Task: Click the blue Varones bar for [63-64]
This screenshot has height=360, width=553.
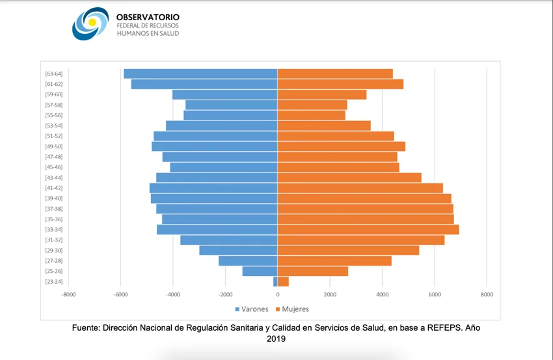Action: [x=200, y=74]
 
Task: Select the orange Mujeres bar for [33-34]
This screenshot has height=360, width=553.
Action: [x=368, y=230]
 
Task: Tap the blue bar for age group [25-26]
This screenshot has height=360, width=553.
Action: [x=260, y=271]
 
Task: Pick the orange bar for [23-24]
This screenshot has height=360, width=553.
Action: [x=283, y=282]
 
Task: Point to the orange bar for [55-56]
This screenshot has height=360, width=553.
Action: [x=312, y=115]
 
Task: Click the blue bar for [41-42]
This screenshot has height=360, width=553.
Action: [x=213, y=188]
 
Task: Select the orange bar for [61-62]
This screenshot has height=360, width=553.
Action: [x=340, y=84]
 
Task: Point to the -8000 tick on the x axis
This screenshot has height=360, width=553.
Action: [x=68, y=294]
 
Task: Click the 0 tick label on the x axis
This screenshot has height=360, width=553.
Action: [x=278, y=294]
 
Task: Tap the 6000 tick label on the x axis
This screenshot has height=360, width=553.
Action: [x=434, y=294]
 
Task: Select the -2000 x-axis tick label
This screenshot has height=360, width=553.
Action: [x=225, y=294]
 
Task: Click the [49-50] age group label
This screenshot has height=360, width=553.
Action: [x=53, y=146]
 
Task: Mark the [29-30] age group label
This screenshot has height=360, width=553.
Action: [x=53, y=251]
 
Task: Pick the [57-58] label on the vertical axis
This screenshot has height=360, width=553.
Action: [x=53, y=105]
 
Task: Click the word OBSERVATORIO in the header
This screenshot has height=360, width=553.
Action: [x=148, y=17]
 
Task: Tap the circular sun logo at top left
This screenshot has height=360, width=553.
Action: [x=90, y=23]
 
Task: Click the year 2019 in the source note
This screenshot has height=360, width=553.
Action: [x=276, y=339]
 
